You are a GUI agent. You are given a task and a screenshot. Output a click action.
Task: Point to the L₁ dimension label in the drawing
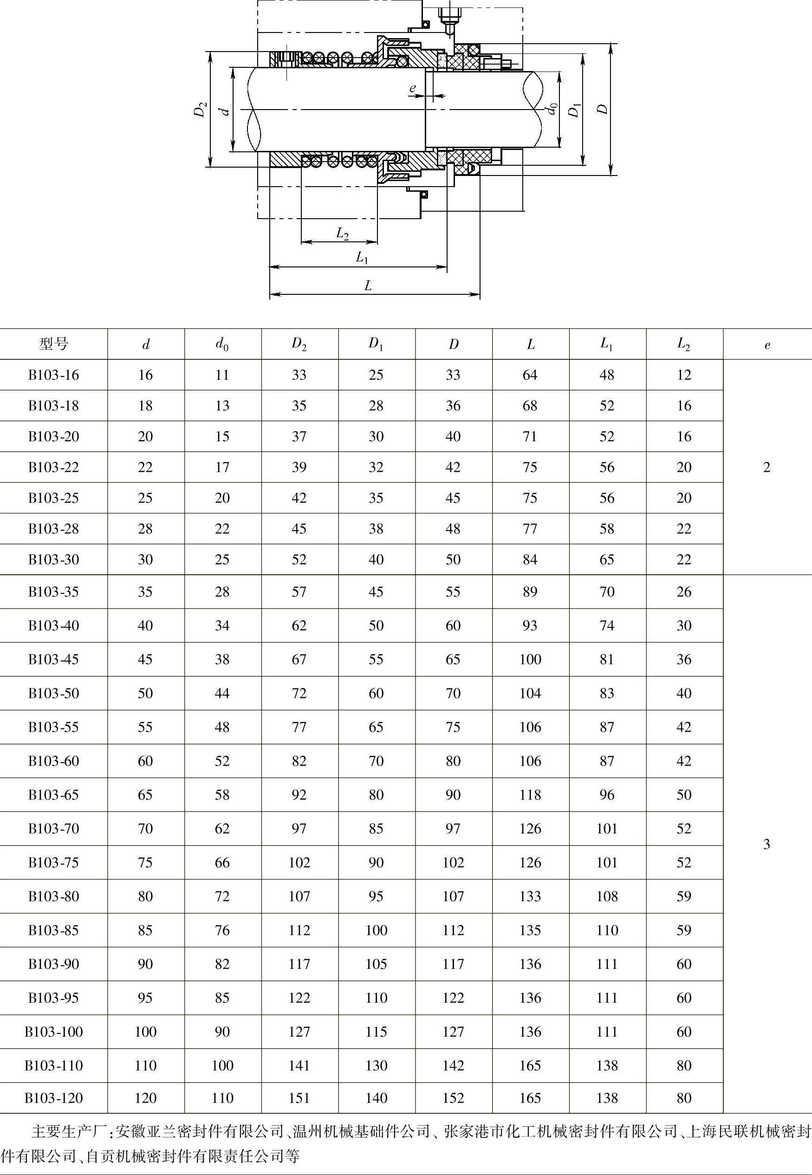coord(362,257)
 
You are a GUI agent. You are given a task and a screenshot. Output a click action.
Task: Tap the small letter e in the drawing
coord(413,88)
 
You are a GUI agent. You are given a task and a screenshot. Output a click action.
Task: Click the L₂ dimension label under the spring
coord(343,234)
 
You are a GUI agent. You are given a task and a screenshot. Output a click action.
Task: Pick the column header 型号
coord(53,344)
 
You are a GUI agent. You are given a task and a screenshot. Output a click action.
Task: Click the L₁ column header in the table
coord(607,344)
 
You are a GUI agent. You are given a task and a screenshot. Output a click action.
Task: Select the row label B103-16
coord(53,375)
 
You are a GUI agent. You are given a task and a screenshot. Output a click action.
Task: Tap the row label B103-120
coord(53,1097)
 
